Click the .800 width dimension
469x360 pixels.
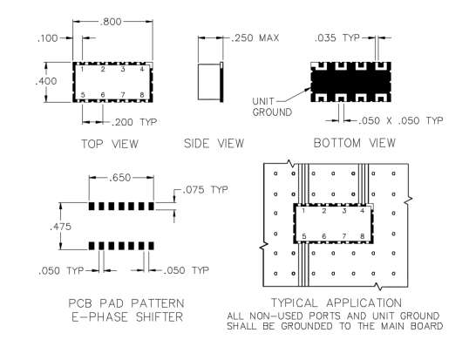[x=111, y=22]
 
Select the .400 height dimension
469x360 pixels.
[x=45, y=81]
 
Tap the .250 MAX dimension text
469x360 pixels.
[x=255, y=38]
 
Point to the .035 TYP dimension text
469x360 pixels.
[x=336, y=38]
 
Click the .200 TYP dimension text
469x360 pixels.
[x=134, y=122]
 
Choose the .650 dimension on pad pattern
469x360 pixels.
[x=120, y=178]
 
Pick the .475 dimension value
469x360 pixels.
[x=60, y=227]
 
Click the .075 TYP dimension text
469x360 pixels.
[x=205, y=189]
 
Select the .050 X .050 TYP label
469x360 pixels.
[x=400, y=120]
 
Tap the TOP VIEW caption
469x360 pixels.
[x=110, y=144]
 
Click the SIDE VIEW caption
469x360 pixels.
[x=214, y=144]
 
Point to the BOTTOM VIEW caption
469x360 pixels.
[x=355, y=143]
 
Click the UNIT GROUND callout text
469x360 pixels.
[x=272, y=106]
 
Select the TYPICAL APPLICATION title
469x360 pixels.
[x=336, y=302]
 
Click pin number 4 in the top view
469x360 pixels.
[x=142, y=69]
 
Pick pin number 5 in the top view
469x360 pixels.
[x=83, y=95]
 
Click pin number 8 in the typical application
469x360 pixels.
[x=363, y=236]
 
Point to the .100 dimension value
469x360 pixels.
[x=48, y=38]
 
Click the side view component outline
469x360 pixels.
[x=211, y=81]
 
